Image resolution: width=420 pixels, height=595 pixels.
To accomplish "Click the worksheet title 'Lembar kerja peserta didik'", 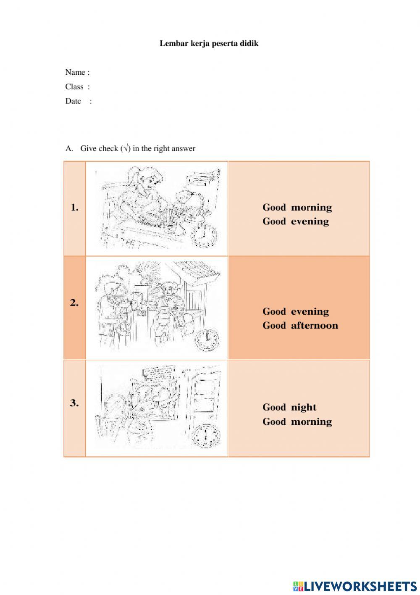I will tap(209, 43).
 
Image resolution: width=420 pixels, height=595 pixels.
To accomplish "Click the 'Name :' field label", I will tap(77, 72).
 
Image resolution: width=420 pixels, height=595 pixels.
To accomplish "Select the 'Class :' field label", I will tap(77, 87).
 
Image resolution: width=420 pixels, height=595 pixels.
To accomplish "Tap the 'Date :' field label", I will tap(78, 101).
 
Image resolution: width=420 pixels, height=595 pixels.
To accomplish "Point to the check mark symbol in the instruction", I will tap(126, 148).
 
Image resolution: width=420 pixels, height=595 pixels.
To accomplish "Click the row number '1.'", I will tap(75, 207).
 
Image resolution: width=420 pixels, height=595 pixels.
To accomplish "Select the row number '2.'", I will tap(74, 303).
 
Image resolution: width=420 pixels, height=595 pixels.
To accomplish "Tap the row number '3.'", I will tap(74, 403).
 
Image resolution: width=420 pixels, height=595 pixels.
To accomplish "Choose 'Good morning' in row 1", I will tap(297, 207).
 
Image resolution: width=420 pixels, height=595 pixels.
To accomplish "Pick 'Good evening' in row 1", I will tap(296, 221).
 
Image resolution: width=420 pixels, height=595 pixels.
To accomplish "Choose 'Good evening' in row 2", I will tap(296, 311).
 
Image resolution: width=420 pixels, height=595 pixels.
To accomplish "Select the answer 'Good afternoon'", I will tap(300, 326).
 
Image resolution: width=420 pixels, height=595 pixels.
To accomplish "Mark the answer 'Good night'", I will tap(289, 407).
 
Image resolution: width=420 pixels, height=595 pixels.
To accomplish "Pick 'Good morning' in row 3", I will tap(297, 421).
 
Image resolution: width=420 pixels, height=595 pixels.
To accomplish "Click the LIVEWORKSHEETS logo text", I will tap(355, 586).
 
